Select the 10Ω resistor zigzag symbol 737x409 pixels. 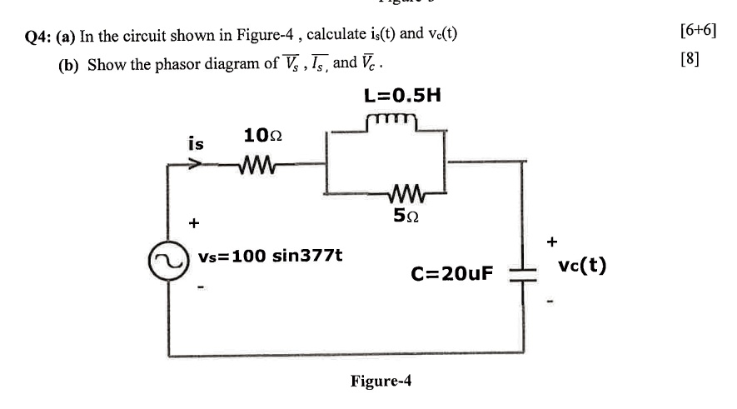256,165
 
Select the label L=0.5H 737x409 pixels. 402,94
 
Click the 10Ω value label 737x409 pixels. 262,135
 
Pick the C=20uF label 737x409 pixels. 452,273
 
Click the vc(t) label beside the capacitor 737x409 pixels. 582,267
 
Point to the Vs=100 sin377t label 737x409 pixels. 270,255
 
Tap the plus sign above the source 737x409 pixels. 194,223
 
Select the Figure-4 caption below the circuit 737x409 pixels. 381,382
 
